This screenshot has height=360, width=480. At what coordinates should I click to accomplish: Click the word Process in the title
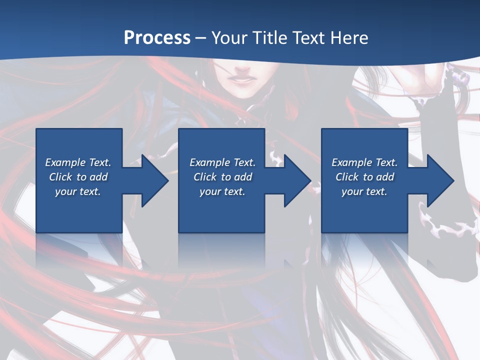click(x=157, y=38)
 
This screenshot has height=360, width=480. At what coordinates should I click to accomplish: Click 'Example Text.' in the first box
click(x=78, y=162)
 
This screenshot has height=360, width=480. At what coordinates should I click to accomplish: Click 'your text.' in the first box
click(x=78, y=191)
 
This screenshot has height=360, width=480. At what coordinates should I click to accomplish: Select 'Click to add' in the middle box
click(x=222, y=177)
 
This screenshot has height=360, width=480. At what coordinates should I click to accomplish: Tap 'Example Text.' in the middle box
click(x=222, y=162)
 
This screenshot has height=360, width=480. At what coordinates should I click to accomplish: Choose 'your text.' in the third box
click(x=364, y=191)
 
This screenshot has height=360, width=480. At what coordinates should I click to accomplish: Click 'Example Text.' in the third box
click(x=364, y=162)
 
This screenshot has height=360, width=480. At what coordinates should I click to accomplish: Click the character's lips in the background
click(x=239, y=78)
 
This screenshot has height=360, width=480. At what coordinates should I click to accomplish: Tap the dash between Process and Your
click(x=201, y=38)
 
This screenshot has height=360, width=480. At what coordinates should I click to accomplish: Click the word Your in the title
click(x=229, y=38)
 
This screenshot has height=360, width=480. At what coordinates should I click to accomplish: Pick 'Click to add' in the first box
click(x=78, y=177)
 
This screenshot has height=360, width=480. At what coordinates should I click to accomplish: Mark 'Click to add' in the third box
click(x=364, y=177)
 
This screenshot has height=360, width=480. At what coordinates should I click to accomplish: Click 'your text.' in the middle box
click(x=222, y=191)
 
